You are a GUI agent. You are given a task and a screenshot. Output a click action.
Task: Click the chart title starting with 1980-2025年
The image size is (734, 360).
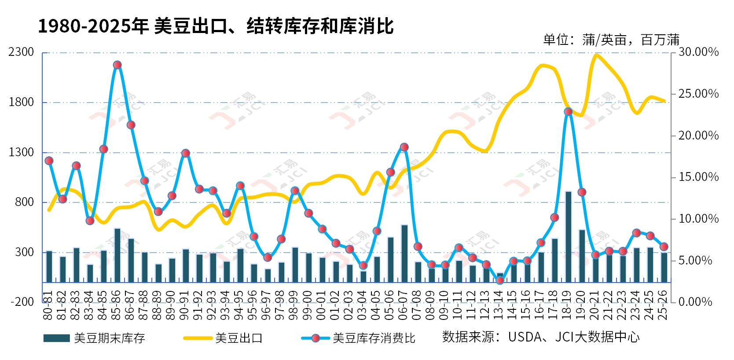(x=216, y=26)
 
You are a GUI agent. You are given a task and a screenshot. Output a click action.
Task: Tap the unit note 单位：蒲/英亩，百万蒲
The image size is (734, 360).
(x=611, y=40)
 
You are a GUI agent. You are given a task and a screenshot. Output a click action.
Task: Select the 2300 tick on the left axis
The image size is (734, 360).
(x=21, y=52)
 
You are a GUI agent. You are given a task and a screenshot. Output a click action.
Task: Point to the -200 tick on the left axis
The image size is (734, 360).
(x=22, y=302)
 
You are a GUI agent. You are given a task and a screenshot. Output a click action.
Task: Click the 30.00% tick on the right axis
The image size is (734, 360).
(x=698, y=52)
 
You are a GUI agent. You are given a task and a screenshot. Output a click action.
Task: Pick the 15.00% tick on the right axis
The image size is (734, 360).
(x=698, y=177)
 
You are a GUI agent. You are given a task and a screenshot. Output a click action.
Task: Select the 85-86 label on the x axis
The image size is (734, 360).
(x=117, y=305)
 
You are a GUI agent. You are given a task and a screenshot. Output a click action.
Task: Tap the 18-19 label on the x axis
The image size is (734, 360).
(x=567, y=305)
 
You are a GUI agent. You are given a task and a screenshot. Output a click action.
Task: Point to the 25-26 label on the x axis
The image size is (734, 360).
(x=663, y=305)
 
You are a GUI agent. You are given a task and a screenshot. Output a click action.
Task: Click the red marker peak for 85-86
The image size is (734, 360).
(x=117, y=65)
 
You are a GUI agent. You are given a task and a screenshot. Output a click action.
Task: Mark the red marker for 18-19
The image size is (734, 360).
(x=568, y=112)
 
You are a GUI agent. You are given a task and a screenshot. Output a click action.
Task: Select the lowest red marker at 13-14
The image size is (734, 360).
(x=500, y=280)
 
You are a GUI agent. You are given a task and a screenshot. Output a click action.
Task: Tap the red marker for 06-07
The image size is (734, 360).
(x=404, y=147)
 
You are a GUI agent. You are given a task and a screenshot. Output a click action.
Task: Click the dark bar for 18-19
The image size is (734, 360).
(x=568, y=237)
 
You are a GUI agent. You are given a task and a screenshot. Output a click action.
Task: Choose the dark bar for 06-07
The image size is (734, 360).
(x=404, y=253)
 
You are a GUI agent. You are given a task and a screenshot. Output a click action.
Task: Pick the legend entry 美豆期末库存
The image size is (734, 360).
(x=94, y=338)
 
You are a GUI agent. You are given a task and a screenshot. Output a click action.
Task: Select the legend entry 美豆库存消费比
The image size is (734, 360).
(x=359, y=338)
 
